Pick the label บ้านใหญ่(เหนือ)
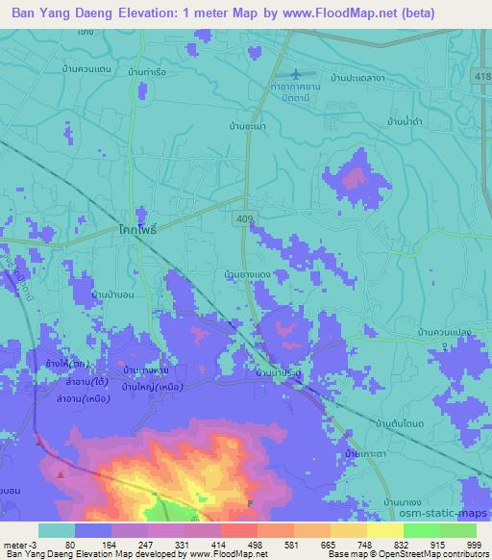pyautogui.click(x=157, y=386)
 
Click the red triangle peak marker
pyautogui.click(x=61, y=473)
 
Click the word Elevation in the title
pyautogui.click(x=158, y=13)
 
